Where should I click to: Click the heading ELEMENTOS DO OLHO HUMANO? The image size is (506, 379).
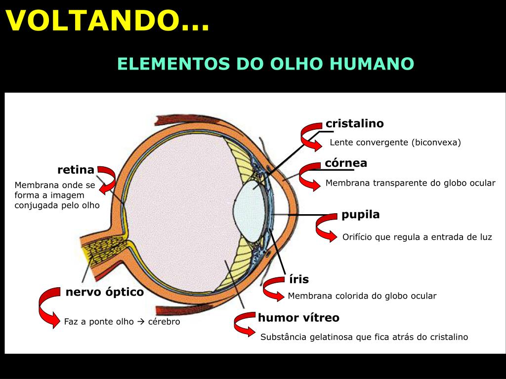pos(265,64)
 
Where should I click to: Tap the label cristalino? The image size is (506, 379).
pos(354,123)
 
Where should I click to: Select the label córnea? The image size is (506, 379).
pos(346,163)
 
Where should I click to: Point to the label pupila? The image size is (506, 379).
pos(360,215)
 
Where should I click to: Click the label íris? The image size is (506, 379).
pos(299,279)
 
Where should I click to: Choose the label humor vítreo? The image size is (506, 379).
pos(298,318)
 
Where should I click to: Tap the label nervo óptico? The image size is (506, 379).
pos(105,292)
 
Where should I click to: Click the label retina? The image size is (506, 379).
pos(76,170)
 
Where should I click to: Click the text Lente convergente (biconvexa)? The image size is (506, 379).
pos(395,143)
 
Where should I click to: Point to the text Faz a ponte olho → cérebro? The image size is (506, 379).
pos(122,322)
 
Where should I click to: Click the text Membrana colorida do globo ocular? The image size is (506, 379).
pos(362,296)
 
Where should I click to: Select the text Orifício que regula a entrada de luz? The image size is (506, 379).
pos(417,237)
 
